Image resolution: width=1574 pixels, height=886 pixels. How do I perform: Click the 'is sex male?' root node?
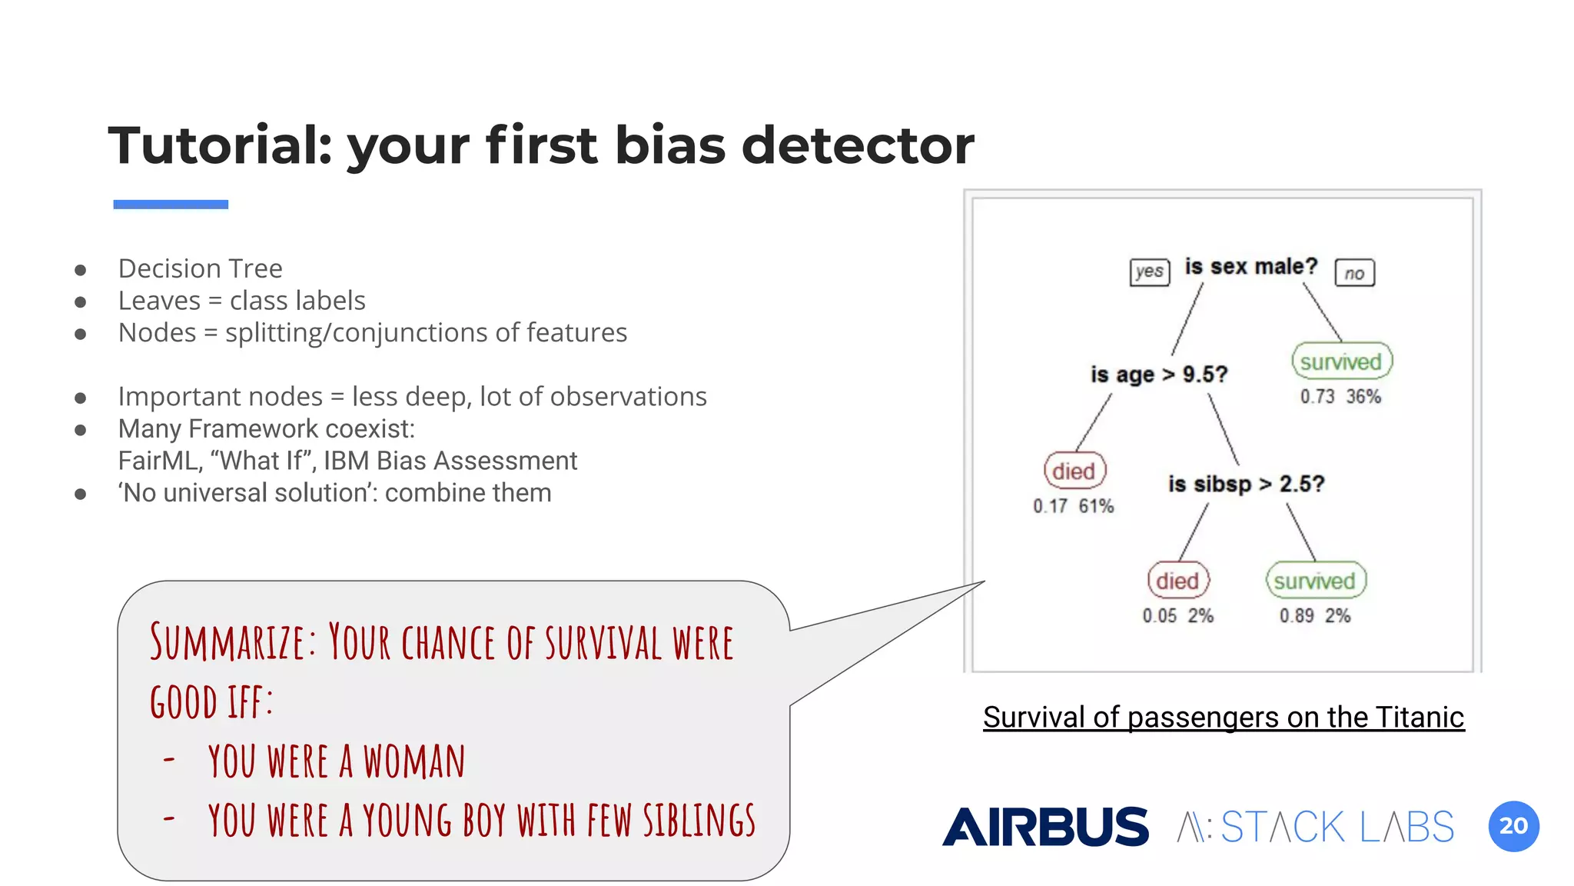1250,267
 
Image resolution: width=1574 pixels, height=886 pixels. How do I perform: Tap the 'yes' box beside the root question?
1149,271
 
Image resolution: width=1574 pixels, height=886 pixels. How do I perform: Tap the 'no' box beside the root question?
1354,273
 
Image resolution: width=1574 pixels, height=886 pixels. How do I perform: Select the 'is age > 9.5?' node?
1159,375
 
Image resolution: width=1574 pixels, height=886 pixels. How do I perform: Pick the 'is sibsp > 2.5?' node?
1246,484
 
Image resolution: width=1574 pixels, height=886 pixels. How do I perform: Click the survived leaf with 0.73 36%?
1341,361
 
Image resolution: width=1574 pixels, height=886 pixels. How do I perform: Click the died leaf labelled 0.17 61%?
1074,471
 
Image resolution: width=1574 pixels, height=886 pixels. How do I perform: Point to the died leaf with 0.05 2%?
1177,581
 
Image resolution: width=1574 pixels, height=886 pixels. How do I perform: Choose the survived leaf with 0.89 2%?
1315,581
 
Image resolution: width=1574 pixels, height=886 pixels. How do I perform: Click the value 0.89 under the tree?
1297,615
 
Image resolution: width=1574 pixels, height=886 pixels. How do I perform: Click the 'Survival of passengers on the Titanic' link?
1224,717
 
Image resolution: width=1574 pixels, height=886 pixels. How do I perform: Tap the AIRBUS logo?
1045,827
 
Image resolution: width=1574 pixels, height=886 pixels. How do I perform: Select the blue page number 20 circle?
1513,826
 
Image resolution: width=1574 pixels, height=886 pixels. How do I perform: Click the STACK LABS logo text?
1337,827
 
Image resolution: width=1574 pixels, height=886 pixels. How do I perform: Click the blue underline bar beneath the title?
171,205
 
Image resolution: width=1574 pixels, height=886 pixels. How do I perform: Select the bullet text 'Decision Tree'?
200,268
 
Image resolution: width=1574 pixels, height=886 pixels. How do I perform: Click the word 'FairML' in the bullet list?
159,461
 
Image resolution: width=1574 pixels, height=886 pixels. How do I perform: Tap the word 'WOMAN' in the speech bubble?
414,761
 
